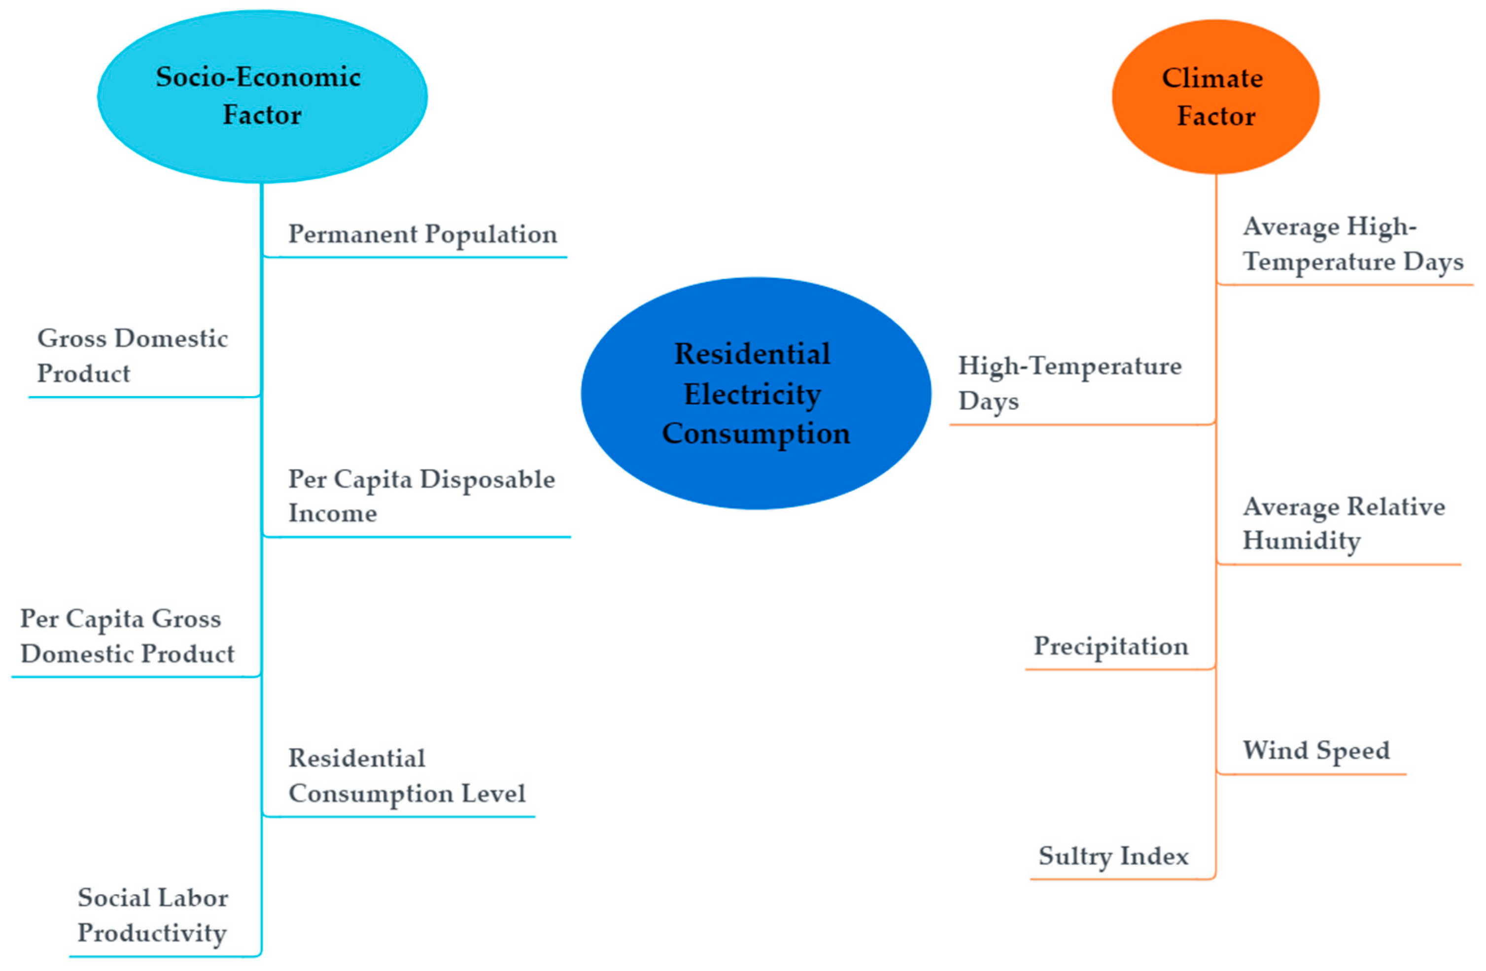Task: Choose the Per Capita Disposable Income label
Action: (421, 496)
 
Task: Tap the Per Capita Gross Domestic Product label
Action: (127, 636)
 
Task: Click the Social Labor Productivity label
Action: (152, 915)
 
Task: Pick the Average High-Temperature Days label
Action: (1352, 243)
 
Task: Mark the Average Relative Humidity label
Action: (1343, 523)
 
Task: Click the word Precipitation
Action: (1111, 646)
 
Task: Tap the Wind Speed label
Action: (1316, 749)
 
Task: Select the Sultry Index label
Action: (1113, 856)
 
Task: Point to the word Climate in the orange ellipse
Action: (1212, 78)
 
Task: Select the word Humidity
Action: (1301, 540)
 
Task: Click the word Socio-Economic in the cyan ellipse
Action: (258, 77)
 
